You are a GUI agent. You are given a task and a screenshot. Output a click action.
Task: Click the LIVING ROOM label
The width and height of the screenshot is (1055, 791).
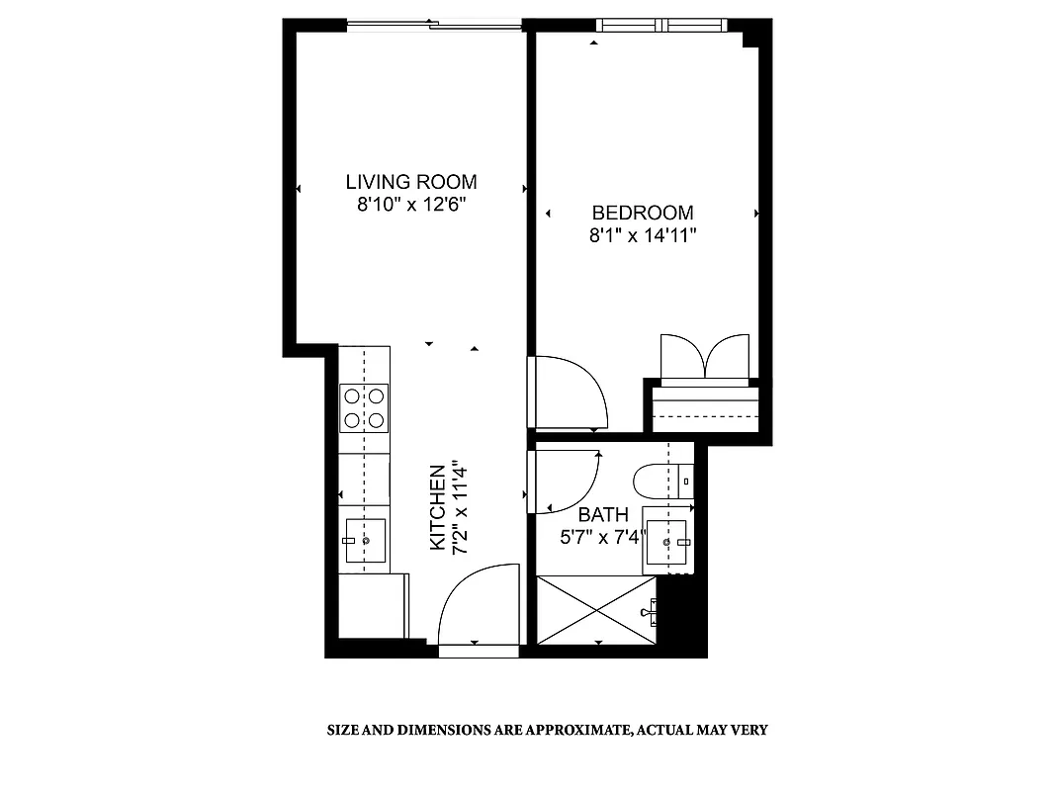tap(410, 182)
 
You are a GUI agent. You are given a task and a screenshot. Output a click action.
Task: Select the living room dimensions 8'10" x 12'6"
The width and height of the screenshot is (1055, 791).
tap(410, 206)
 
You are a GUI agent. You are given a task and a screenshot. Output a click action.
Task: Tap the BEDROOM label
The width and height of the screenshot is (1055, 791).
tap(642, 213)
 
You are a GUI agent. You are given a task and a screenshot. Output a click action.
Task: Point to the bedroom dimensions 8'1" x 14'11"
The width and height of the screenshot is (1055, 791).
tap(642, 236)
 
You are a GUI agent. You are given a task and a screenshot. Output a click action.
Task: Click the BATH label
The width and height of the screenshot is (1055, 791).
tap(602, 514)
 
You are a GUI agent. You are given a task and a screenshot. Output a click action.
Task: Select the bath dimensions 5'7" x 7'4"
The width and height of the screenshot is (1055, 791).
tap(602, 537)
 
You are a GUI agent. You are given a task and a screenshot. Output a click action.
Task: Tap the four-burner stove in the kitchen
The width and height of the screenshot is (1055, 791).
tap(363, 408)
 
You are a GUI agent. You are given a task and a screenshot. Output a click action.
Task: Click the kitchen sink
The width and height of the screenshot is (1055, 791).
tap(365, 540)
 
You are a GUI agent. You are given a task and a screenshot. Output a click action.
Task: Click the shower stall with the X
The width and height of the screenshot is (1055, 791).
tap(595, 611)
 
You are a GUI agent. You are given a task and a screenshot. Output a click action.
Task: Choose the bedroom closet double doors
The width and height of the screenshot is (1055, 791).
tap(704, 357)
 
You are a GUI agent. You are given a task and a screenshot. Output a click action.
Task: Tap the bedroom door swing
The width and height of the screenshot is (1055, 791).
tap(570, 392)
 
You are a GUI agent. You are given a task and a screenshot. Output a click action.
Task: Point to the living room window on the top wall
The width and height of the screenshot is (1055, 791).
tap(432, 25)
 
